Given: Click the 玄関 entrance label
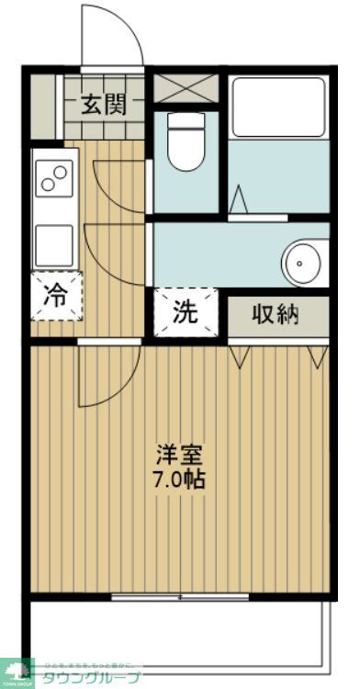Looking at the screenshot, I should coord(104,105).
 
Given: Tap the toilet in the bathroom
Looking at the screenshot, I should coord(186,144).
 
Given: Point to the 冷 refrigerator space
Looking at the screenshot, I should coord(57,296).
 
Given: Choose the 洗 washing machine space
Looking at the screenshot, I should coord(186,312).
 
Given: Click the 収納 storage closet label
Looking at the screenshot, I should coord(276,314).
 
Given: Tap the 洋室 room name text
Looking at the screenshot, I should coord(179,455).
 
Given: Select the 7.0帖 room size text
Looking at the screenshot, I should coord(179,479).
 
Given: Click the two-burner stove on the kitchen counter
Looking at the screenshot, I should coord(55,176).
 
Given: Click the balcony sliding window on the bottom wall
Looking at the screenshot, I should coord(180,597).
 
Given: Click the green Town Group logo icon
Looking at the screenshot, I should coord(16,672).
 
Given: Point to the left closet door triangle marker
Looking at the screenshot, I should coord(241,356).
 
